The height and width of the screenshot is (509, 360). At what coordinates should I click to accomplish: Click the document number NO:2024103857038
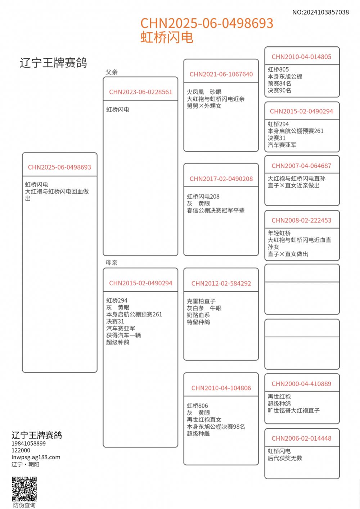coord(320,12)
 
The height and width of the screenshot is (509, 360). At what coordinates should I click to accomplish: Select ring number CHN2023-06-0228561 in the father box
coord(140,92)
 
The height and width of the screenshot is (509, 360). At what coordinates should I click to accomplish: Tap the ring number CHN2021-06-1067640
coord(221,74)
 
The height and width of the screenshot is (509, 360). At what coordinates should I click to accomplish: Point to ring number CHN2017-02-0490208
coord(221,179)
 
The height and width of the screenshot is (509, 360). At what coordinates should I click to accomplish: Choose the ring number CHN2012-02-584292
coord(221,283)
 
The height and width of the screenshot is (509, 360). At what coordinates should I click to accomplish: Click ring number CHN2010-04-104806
coord(221,388)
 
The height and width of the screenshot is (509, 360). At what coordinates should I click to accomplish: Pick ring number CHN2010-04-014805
coord(301,57)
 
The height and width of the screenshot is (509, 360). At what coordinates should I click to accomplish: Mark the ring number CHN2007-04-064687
coord(301,166)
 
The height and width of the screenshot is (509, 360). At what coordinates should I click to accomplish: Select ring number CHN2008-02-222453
coord(301,220)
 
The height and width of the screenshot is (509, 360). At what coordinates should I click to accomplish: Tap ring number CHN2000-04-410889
coord(301,384)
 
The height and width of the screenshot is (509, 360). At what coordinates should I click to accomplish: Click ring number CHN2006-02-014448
coord(301,438)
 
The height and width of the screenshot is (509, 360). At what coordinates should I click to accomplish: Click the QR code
coord(24,489)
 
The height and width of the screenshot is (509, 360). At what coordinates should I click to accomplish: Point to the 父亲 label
coord(112,72)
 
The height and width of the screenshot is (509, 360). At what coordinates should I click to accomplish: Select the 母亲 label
coord(112,263)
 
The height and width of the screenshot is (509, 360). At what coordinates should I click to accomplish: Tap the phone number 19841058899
coord(28,443)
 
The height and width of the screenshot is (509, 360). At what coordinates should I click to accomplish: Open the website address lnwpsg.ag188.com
coord(36,457)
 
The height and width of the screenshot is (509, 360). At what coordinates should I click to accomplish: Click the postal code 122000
coord(21,450)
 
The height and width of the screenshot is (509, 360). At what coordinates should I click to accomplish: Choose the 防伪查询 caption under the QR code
coord(24,505)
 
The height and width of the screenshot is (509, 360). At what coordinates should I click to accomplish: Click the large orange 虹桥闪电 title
coord(167,37)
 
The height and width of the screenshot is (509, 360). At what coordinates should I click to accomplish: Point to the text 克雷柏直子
coord(201,301)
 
